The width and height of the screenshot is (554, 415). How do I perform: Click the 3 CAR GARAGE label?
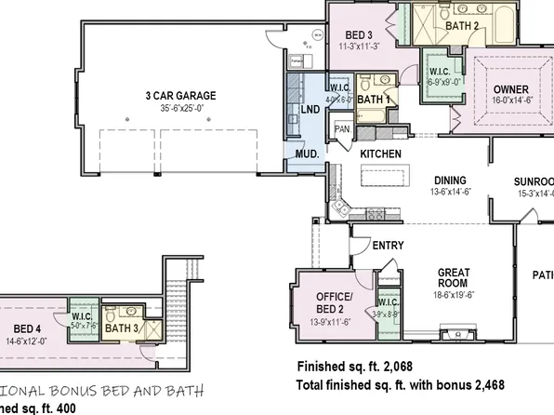[179, 95]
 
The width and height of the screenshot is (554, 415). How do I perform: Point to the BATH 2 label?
[462, 26]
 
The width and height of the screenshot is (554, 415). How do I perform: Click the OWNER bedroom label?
[510, 89]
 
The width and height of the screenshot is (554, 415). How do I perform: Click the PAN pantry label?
[342, 128]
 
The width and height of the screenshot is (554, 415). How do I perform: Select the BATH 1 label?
[374, 99]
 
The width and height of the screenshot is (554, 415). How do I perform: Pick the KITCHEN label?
[380, 153]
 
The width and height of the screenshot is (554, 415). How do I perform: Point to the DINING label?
[450, 181]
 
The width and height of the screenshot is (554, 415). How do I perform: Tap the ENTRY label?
[387, 245]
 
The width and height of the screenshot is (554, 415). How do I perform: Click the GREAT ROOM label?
[454, 279]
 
